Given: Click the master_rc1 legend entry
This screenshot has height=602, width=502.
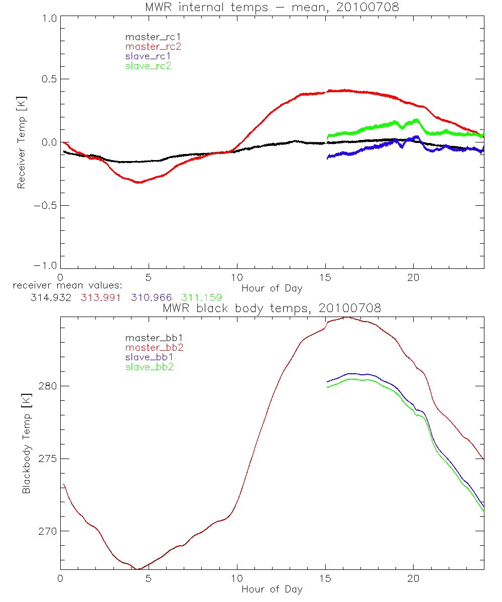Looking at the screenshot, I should pos(153,37).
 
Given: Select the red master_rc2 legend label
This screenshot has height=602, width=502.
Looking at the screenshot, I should pos(153,46).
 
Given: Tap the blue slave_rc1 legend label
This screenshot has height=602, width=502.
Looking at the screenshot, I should pos(148,56).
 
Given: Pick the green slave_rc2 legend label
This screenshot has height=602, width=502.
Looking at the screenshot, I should pos(148,65).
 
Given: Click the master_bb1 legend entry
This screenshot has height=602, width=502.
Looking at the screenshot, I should pos(153,338).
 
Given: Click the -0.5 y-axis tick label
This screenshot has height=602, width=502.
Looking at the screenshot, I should pos(45,205).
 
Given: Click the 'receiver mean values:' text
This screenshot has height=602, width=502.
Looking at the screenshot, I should pos(64,286).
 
